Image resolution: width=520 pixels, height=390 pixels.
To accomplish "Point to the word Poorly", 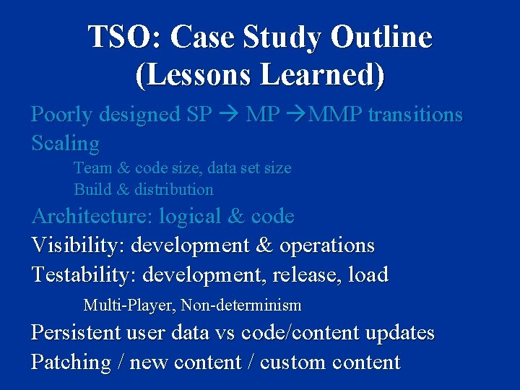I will pos(61,115).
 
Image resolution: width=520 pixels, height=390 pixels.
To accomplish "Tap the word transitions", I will pos(415,115).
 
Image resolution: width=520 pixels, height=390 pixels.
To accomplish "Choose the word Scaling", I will pos(66,144).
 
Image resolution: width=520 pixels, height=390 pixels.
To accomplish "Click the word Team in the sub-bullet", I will pos(92,168).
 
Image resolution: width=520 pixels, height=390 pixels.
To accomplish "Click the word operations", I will pos(327,246).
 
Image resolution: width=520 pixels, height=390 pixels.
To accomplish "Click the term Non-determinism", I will pos(241,305).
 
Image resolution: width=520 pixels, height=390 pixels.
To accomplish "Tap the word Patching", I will pos(71,362).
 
